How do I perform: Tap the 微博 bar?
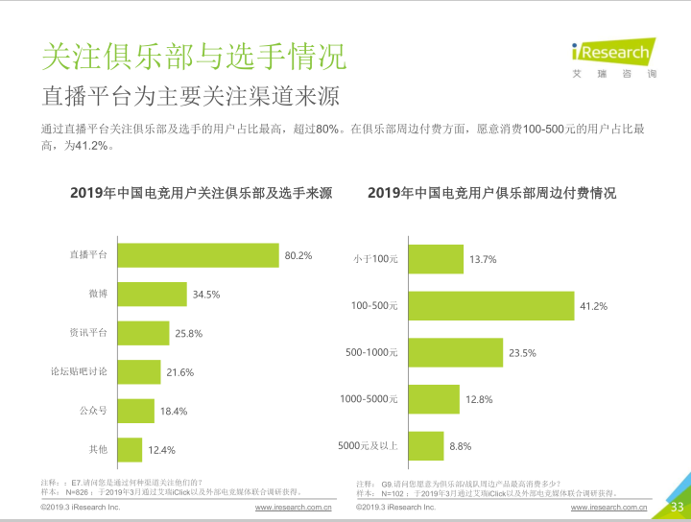point(152,294)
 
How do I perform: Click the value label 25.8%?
point(189,333)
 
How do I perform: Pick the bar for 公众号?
point(135,411)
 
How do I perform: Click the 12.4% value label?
point(161,450)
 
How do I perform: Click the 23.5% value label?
point(522,353)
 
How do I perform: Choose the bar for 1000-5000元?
point(434,399)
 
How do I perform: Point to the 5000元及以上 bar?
point(426,445)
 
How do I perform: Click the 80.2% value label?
point(298,255)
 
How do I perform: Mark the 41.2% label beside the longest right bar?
point(593,306)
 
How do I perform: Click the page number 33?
point(676,507)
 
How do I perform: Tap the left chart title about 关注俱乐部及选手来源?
point(202,193)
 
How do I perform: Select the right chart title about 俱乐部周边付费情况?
point(491,193)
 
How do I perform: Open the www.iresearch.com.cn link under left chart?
point(293,507)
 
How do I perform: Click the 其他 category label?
point(98,450)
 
